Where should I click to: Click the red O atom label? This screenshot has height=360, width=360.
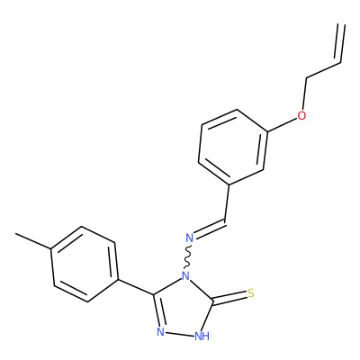pos(301,115)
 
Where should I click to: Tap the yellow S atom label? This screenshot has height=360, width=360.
pos(251,293)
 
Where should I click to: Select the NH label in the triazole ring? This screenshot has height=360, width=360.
pos(202,336)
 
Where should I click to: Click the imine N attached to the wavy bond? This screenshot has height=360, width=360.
pos(189,238)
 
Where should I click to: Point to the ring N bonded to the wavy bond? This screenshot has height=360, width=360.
pos(186,275)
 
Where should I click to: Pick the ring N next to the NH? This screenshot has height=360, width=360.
pos(161,332)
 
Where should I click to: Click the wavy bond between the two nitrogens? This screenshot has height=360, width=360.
pos(188,256)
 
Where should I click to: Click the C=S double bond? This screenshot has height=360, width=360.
pos(229,298)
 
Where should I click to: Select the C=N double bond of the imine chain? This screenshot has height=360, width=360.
pos(210,230)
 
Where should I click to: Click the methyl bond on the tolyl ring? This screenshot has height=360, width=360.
pos(33,241)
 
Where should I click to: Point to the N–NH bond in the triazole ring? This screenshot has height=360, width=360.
pos(180,334)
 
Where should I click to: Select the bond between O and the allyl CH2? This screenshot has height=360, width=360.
pos(304,94)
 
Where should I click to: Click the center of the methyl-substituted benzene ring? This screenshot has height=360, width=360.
pos(85,264)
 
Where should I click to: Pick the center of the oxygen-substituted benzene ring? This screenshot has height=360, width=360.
pos(232,147)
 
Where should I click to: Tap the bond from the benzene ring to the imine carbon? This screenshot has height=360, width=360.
pos(227,202)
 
